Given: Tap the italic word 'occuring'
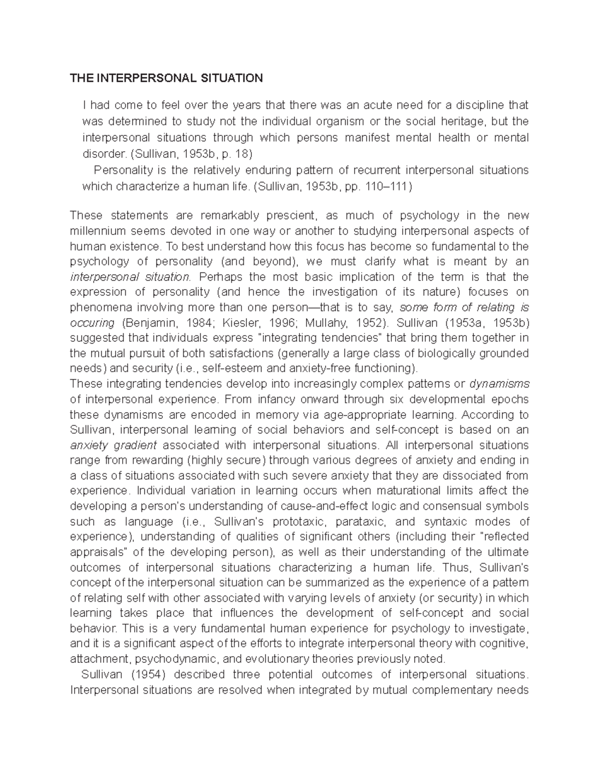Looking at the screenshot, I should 93,323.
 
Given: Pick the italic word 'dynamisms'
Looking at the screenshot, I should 499,384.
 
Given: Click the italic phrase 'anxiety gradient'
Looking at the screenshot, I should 114,445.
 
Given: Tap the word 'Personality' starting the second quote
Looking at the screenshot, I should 120,170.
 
